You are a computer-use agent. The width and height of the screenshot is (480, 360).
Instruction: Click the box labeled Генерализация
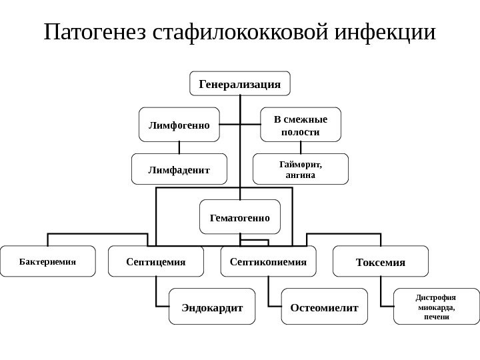coord(240,84)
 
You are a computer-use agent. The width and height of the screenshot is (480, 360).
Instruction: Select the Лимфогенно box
coord(179,125)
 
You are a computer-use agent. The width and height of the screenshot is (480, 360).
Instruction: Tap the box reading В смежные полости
coord(300,125)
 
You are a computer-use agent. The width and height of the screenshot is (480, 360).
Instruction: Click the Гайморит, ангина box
coord(300,169)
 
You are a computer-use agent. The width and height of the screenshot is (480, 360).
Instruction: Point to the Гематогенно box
coord(240,217)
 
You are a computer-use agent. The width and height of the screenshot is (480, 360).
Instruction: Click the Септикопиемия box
coord(267,261)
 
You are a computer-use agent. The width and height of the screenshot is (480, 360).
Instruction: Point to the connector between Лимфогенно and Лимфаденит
coord(179,148)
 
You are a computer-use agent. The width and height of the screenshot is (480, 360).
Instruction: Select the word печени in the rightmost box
coord(436,317)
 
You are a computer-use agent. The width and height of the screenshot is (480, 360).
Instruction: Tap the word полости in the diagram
coord(300,132)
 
